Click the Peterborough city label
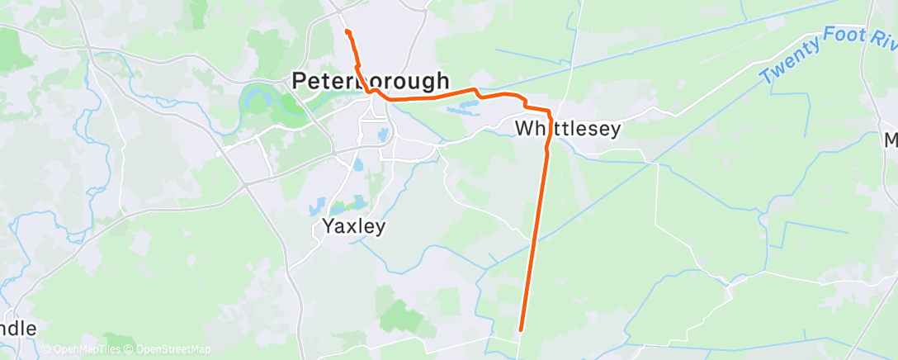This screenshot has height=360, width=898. click(x=371, y=81)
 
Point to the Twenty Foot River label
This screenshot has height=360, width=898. click(x=825, y=57)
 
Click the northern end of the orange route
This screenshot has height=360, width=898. click(x=347, y=31)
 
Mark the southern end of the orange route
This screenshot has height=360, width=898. click(x=521, y=331)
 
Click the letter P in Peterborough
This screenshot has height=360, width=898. click(x=300, y=81)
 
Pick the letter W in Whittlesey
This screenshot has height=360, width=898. click(x=525, y=129)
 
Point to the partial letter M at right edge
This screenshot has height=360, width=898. click(x=891, y=141)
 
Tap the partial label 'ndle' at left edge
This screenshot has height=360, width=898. click(x=18, y=329)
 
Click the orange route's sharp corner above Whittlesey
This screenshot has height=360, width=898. click(x=549, y=111)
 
